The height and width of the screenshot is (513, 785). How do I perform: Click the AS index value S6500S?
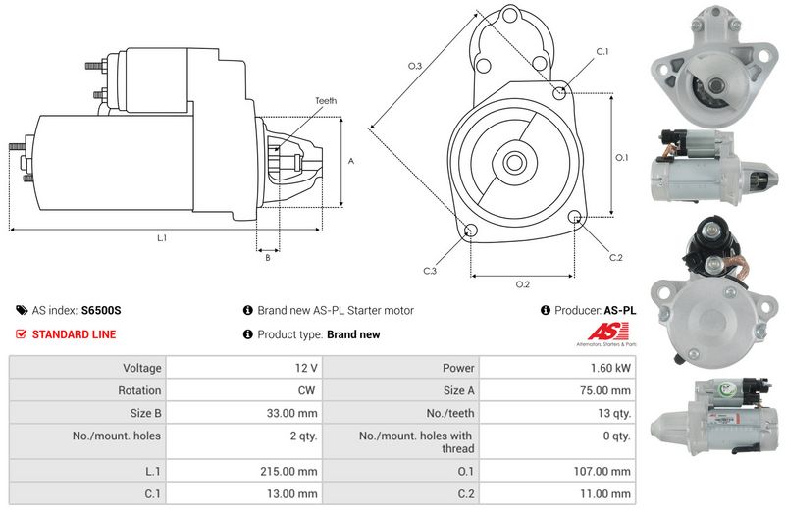pos(101,310)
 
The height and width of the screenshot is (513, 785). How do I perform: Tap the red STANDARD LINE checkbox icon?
pos(21,333)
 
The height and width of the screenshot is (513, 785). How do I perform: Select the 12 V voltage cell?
pos(306,368)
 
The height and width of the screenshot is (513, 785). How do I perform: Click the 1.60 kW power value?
pos(610,368)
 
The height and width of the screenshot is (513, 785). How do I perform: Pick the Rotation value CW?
pos(306,390)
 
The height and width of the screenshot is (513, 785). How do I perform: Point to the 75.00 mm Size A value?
pos(605,390)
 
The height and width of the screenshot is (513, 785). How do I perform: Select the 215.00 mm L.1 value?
pos(288,472)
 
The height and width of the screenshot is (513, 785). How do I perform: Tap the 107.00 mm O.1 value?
pos(602,472)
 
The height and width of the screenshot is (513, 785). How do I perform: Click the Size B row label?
pos(145,413)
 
